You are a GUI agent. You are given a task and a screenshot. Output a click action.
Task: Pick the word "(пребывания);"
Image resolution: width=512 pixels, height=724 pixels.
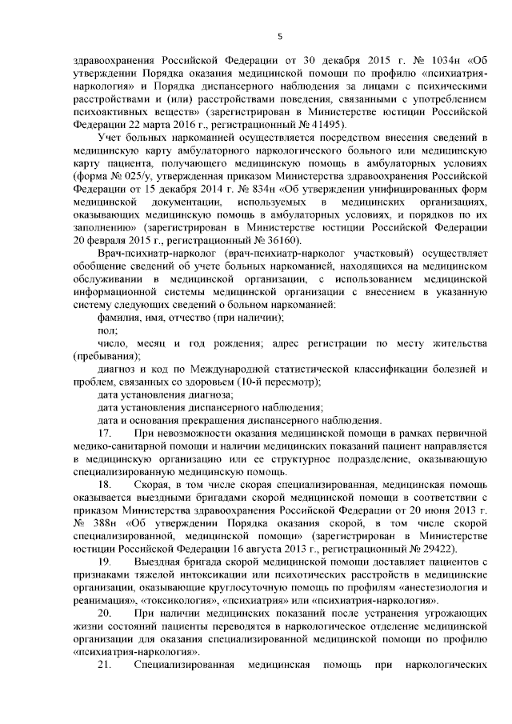(x=106, y=356)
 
